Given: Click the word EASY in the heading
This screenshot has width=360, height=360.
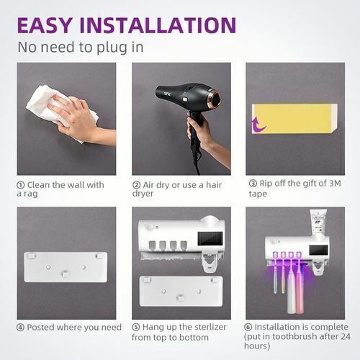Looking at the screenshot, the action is click(x=45, y=25).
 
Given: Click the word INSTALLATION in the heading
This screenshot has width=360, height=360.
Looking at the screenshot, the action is click(x=158, y=25).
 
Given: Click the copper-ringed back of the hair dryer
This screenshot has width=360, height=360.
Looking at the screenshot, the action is click(x=215, y=98).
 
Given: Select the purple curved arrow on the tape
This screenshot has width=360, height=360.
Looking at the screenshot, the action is click(x=258, y=124).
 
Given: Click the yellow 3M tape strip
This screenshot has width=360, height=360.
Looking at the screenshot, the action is click(x=294, y=119).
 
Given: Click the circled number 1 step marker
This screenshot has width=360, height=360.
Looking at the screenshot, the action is click(x=21, y=185).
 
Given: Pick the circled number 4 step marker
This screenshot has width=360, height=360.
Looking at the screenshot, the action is click(x=20, y=328).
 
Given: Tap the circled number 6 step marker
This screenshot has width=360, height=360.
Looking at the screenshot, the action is click(x=248, y=327).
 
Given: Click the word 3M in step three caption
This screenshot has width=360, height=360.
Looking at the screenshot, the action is click(x=335, y=184).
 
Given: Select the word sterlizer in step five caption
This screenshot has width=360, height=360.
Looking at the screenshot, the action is click(x=210, y=327).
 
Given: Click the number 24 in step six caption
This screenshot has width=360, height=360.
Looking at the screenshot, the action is click(x=345, y=336).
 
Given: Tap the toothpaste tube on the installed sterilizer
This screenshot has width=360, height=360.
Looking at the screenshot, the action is click(x=318, y=222).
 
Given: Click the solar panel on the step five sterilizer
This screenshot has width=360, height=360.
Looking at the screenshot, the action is click(x=210, y=238).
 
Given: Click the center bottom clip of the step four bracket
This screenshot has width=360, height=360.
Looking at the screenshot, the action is click(x=66, y=274).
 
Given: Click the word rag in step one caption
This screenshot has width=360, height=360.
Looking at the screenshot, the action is click(x=30, y=194).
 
